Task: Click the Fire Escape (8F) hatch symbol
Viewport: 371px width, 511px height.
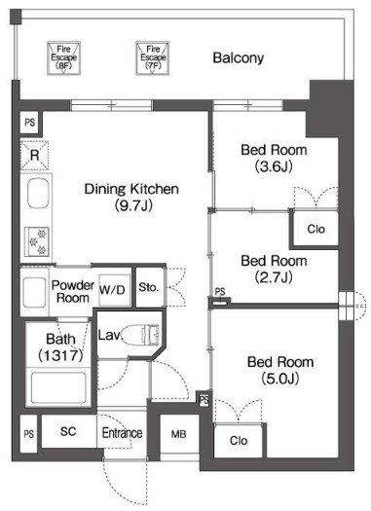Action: [63, 58]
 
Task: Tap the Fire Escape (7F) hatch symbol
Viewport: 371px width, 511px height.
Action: [152, 58]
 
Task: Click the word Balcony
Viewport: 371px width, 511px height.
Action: [239, 58]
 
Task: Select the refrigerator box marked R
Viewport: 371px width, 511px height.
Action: [34, 155]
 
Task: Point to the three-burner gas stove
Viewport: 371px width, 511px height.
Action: [37, 241]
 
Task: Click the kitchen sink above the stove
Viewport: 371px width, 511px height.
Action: [38, 193]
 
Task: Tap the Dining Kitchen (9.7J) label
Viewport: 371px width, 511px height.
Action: [131, 197]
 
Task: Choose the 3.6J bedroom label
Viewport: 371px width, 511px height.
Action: [274, 158]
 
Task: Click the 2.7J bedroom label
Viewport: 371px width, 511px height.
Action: [274, 269]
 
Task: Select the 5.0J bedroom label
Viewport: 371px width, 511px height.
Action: [280, 370]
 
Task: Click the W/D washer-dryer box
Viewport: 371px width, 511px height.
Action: [112, 290]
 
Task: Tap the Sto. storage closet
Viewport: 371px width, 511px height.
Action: [150, 287]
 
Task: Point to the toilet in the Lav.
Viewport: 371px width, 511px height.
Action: [141, 335]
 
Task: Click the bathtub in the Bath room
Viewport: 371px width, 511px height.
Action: [58, 387]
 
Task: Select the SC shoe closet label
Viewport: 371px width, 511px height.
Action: [68, 431]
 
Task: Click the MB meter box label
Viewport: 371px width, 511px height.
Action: [178, 434]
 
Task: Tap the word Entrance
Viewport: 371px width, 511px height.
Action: [123, 433]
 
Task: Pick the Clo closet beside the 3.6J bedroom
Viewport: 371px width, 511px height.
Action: [315, 229]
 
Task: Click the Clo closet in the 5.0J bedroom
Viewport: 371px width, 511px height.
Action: [239, 440]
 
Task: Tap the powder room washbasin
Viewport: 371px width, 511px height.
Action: [34, 292]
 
